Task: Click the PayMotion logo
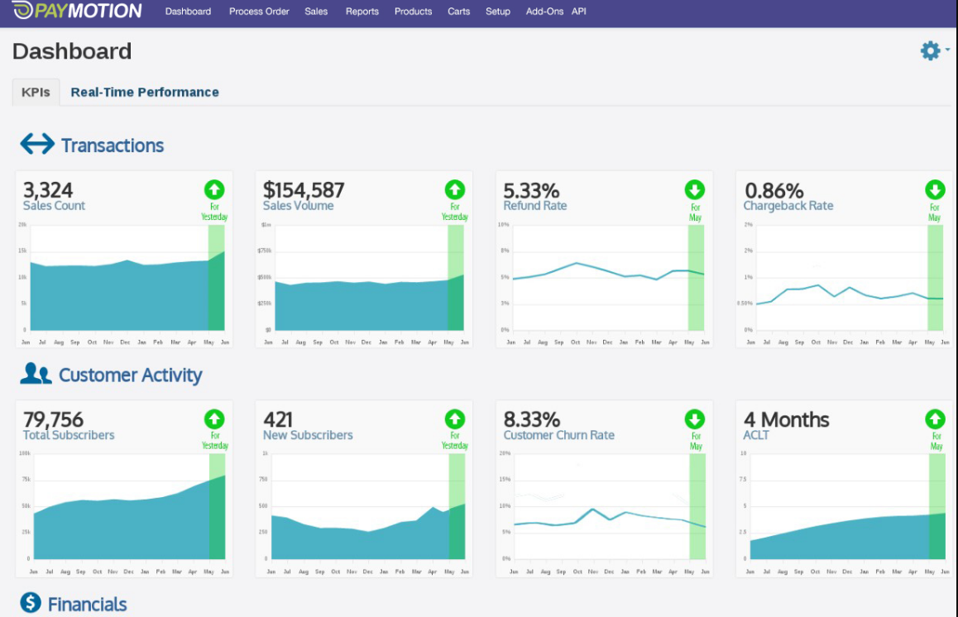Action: point(78,11)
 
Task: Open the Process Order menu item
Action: point(259,12)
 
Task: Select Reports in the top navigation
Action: point(362,12)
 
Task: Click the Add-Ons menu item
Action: point(544,12)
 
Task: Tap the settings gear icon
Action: point(931,51)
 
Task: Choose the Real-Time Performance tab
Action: point(145,92)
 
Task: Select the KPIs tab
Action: point(36,92)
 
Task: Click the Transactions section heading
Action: point(113,146)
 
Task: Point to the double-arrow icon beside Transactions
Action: point(37,145)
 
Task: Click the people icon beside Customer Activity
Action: point(36,374)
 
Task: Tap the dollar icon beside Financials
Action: point(31,603)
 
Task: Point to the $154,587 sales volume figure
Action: point(304,190)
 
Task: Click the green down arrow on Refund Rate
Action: point(695,189)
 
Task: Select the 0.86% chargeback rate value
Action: point(774,190)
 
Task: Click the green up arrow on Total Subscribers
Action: point(214,419)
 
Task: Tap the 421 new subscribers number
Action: point(278,419)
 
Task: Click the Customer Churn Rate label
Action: point(558,435)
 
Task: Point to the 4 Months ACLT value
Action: point(786,419)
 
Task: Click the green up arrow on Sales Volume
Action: point(454,189)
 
